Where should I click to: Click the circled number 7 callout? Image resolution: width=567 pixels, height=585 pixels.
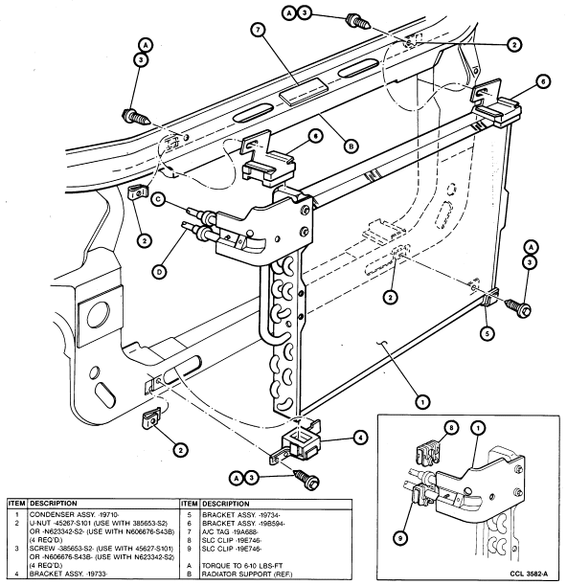pyautogui.click(x=258, y=30)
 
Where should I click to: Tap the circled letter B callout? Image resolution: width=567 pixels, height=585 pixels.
pyautogui.click(x=351, y=146)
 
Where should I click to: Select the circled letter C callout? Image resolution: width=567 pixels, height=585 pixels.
pyautogui.click(x=159, y=200)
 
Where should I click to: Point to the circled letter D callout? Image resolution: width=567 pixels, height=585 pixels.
pyautogui.click(x=159, y=272)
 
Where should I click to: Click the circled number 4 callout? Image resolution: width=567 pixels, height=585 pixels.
pyautogui.click(x=360, y=438)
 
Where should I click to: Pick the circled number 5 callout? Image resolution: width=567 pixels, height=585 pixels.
pyautogui.click(x=488, y=333)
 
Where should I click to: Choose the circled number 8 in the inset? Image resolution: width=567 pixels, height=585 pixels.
pyautogui.click(x=451, y=428)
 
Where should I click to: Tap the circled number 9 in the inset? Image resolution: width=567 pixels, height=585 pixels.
pyautogui.click(x=400, y=538)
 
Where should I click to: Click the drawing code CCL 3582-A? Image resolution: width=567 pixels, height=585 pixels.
pyautogui.click(x=531, y=574)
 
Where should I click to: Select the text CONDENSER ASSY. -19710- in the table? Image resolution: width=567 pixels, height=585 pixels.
pyautogui.click(x=74, y=515)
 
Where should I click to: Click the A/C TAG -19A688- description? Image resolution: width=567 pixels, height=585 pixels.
pyautogui.click(x=230, y=531)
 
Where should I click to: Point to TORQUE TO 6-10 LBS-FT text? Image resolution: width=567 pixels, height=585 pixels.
pyautogui.click(x=242, y=566)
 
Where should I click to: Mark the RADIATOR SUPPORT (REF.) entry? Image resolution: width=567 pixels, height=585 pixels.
pyautogui.click(x=247, y=574)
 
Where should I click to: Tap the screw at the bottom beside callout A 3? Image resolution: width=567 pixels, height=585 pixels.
pyautogui.click(x=306, y=480)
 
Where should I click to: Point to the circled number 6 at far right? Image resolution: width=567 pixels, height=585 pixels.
pyautogui.click(x=543, y=81)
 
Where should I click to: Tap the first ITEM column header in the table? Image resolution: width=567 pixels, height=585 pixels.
pyautogui.click(x=17, y=504)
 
